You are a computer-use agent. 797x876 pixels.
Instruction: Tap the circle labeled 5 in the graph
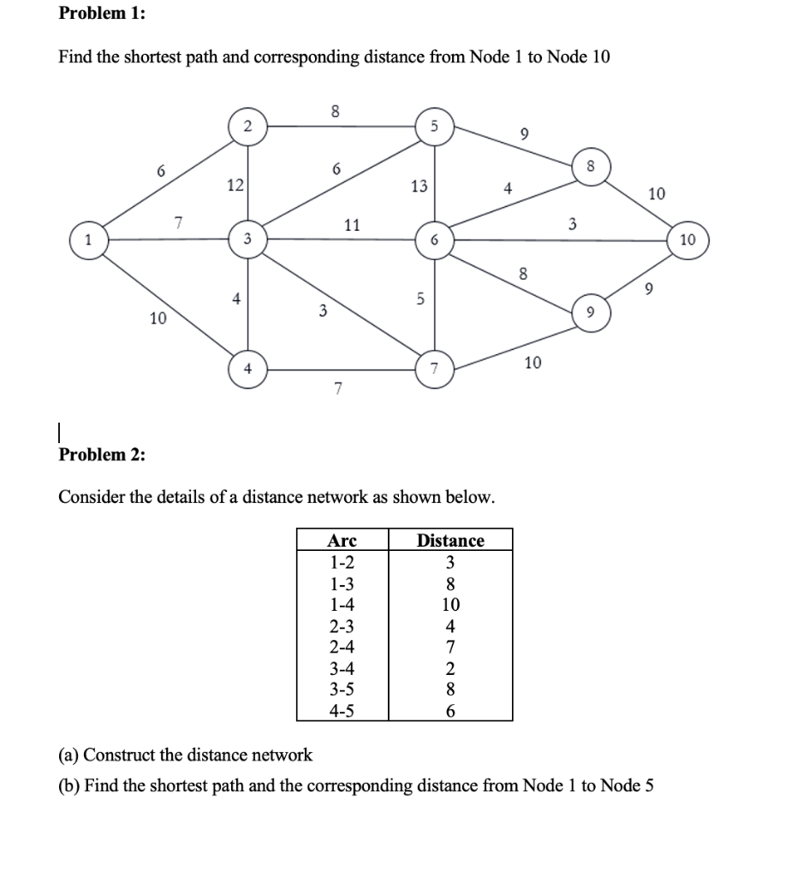point(435,127)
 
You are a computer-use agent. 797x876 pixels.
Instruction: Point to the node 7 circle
point(435,370)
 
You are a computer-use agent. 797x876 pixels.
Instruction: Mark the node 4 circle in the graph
point(247,370)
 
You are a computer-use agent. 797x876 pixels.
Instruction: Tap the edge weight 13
point(419,186)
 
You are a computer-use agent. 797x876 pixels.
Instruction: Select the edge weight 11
point(351,226)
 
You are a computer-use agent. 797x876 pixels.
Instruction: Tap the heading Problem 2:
point(101,454)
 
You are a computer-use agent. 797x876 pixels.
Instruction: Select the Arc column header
point(342,541)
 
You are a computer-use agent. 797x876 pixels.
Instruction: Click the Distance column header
point(450,541)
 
